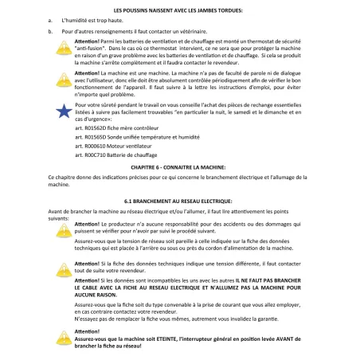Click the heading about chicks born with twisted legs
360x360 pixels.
[179, 10]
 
